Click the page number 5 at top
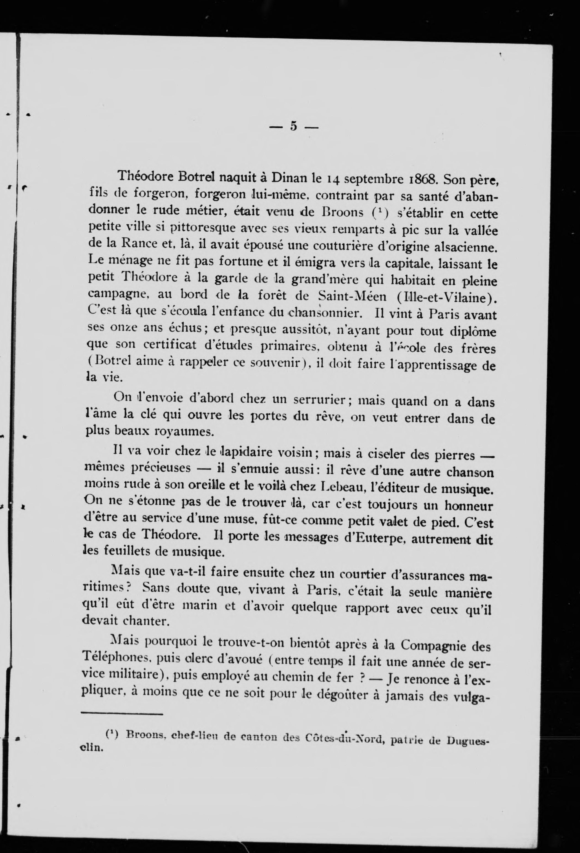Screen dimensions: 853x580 pos(293,126)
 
